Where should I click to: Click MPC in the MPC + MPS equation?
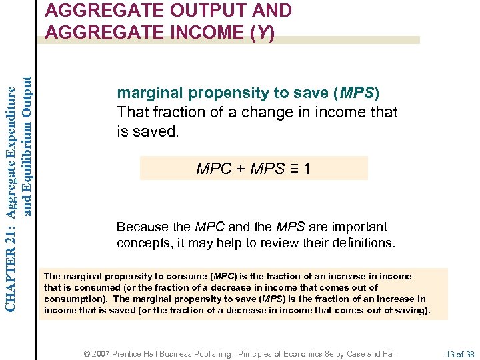point(213,169)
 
